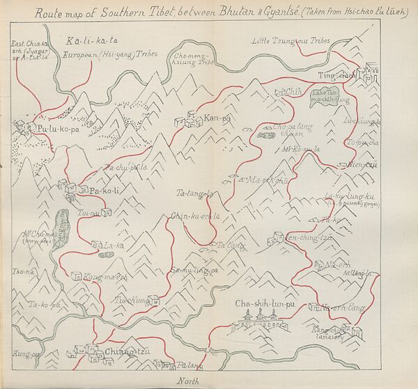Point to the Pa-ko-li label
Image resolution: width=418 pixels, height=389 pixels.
(106, 190)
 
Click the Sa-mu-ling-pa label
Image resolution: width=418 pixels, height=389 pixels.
(195, 269)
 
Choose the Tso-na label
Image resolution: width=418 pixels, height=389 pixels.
(20, 271)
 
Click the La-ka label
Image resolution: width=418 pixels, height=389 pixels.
(115, 245)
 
